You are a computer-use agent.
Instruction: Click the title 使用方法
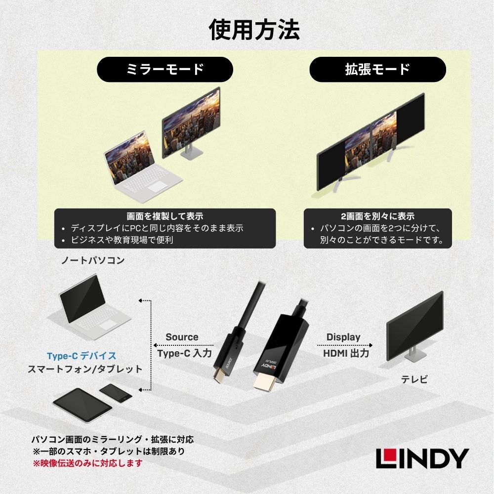[254, 30]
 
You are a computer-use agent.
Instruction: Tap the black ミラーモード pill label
[165, 69]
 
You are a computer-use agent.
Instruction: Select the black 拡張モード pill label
[378, 69]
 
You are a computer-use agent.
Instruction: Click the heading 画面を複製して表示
[165, 216]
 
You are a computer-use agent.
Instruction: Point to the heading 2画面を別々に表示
[378, 216]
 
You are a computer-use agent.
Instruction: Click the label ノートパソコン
[93, 260]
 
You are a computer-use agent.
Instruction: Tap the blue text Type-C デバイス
[82, 356]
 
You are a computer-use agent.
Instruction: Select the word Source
[182, 337]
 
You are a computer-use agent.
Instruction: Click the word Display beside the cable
[343, 337]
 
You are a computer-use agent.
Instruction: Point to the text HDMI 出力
[346, 353]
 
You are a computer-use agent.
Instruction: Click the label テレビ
[414, 379]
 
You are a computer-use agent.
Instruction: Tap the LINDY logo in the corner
[422, 458]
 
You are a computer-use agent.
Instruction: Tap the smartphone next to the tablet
[116, 393]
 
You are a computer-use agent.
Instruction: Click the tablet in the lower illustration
[82, 405]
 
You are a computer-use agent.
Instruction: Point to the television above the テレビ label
[415, 327]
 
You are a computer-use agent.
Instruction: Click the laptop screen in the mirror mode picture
[129, 157]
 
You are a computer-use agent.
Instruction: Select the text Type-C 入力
[185, 353]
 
